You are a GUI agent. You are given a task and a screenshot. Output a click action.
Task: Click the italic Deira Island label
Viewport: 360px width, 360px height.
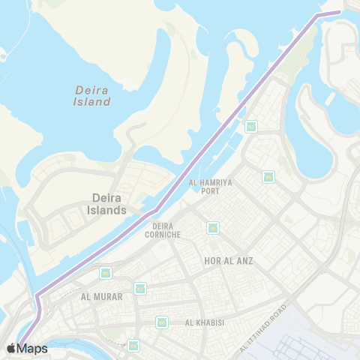tap(93, 95)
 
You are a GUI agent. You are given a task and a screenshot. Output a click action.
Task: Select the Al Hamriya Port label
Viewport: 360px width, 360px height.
tap(205, 186)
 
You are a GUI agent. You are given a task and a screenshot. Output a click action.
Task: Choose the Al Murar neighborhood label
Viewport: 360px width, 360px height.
tap(101, 296)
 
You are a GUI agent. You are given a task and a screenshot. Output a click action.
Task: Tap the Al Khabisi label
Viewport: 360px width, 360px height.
tap(204, 322)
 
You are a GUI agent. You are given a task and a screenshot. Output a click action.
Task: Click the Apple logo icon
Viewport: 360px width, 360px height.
tap(11, 348)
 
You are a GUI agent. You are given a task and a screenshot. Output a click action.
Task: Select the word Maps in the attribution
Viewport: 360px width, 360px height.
tap(32, 348)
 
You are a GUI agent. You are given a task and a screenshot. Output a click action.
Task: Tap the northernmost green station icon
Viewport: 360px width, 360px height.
tap(251, 126)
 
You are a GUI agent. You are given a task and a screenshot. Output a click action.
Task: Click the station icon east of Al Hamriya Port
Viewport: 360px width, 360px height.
tap(268, 177)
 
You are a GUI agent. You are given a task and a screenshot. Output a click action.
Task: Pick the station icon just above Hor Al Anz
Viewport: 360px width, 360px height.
tap(213, 227)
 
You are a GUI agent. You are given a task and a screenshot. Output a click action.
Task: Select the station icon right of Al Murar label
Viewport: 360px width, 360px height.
tap(139, 288)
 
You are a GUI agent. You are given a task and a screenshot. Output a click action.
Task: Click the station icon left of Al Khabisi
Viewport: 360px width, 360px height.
tap(161, 322)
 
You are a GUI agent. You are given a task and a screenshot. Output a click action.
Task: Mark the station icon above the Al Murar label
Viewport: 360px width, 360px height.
tap(105, 273)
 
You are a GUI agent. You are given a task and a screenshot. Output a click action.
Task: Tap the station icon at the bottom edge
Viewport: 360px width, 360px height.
tap(133, 345)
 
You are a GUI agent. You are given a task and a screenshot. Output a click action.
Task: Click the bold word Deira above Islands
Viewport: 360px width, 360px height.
tap(106, 198)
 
